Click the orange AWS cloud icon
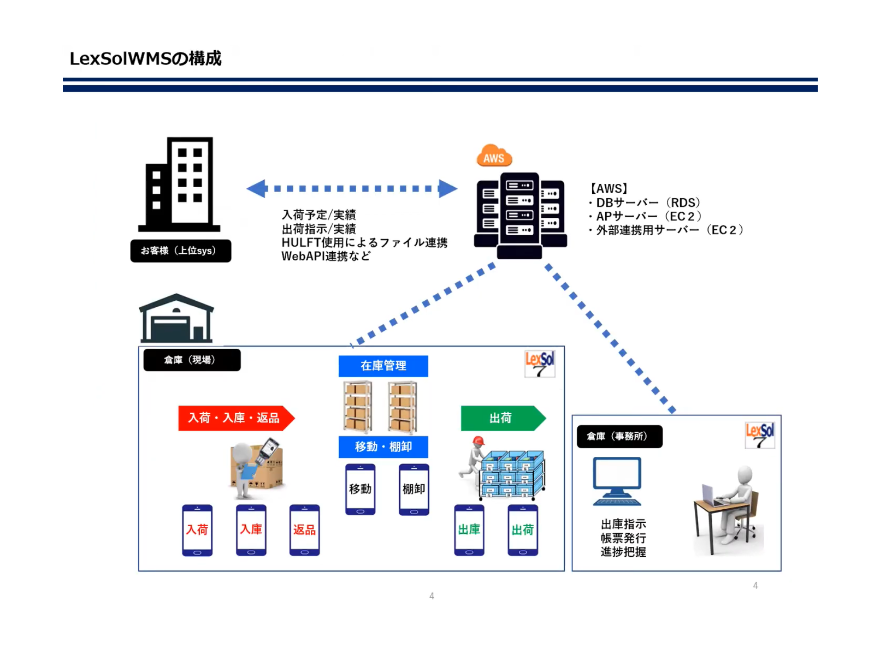point(494,156)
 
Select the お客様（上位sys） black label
point(180,251)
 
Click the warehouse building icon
point(176,319)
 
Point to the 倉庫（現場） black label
point(192,360)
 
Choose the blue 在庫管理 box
point(383,366)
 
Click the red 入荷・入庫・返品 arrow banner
point(235,418)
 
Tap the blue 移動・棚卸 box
point(383,446)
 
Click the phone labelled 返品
point(304,530)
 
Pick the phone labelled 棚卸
point(414,489)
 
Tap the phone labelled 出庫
point(469,530)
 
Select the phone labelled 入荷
point(197,530)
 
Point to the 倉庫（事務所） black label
point(619,437)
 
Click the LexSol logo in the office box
point(760,435)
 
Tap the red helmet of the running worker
point(479,440)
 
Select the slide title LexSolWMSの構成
point(145,58)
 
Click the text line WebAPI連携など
point(326,257)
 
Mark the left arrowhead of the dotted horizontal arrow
point(256,188)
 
